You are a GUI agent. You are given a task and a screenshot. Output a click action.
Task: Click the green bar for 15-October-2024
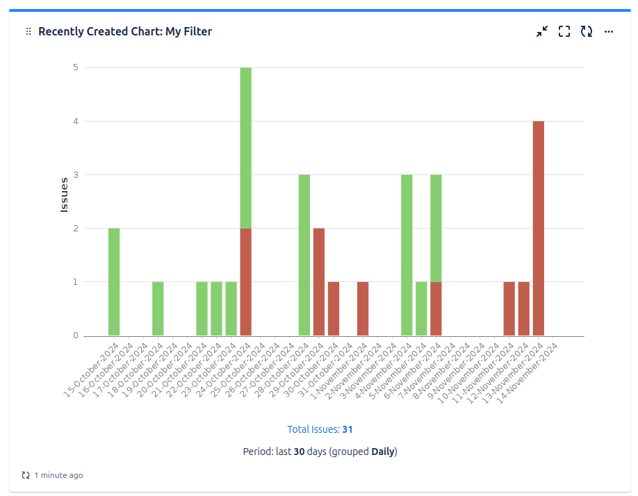[x=114, y=282]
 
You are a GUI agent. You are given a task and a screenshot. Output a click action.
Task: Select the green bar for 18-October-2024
[x=158, y=309]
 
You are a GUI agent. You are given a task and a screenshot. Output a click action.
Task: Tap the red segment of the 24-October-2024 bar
[x=245, y=282]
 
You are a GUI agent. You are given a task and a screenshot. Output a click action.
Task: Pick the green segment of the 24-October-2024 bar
[x=245, y=148]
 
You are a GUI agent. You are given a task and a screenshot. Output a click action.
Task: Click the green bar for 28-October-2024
[x=304, y=255]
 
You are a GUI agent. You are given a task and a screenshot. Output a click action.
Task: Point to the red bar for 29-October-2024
[x=319, y=282]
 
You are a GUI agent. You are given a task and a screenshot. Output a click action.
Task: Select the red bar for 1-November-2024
[x=363, y=309]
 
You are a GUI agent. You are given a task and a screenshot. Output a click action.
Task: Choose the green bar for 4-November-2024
[x=407, y=255]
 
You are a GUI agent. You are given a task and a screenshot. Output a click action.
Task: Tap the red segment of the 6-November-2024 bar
[x=436, y=309]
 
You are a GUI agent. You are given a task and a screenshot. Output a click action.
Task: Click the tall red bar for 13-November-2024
[x=539, y=229]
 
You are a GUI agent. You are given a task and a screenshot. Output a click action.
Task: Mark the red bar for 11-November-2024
[x=509, y=309]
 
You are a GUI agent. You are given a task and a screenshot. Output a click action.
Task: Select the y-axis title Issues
[x=64, y=195]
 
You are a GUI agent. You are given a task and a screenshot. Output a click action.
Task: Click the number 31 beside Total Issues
[x=347, y=429]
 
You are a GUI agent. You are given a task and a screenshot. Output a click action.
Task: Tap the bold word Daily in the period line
[x=383, y=452]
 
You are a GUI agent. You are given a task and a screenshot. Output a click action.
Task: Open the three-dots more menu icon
[x=609, y=31]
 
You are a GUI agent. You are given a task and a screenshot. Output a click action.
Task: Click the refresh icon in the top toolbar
[x=587, y=31]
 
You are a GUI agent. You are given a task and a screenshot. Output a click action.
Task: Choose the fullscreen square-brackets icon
[x=564, y=31]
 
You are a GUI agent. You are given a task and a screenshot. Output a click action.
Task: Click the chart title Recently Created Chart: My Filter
[x=125, y=31]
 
